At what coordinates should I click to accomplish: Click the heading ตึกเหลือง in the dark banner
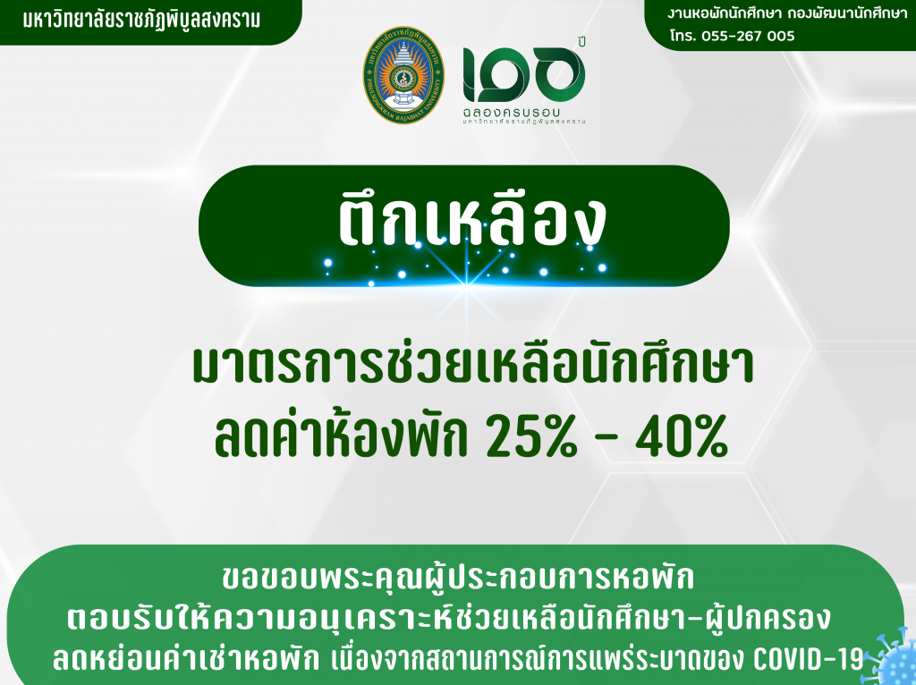tap(472, 220)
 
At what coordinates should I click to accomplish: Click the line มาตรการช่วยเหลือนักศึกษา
tap(473, 365)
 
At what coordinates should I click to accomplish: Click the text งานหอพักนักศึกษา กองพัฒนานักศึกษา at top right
tap(787, 13)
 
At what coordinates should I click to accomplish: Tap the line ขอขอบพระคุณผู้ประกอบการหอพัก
tap(459, 578)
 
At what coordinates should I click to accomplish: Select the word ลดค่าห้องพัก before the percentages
tap(341, 436)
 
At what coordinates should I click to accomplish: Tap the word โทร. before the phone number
tap(683, 36)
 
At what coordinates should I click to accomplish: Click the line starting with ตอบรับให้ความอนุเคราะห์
tap(448, 619)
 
